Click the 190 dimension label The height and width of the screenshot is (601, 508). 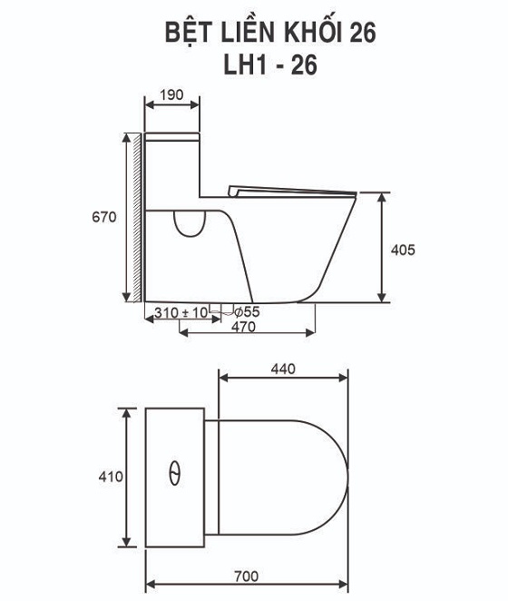(171, 94)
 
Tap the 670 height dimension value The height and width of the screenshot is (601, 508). (103, 217)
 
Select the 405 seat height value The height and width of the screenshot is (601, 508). (403, 250)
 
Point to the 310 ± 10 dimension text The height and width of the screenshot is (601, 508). (181, 312)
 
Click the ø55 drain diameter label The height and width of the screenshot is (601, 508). (247, 312)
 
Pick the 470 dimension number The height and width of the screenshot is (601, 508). (243, 327)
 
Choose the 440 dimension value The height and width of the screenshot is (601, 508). (283, 369)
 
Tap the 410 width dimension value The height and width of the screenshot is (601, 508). (111, 477)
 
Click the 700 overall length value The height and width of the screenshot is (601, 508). (247, 576)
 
